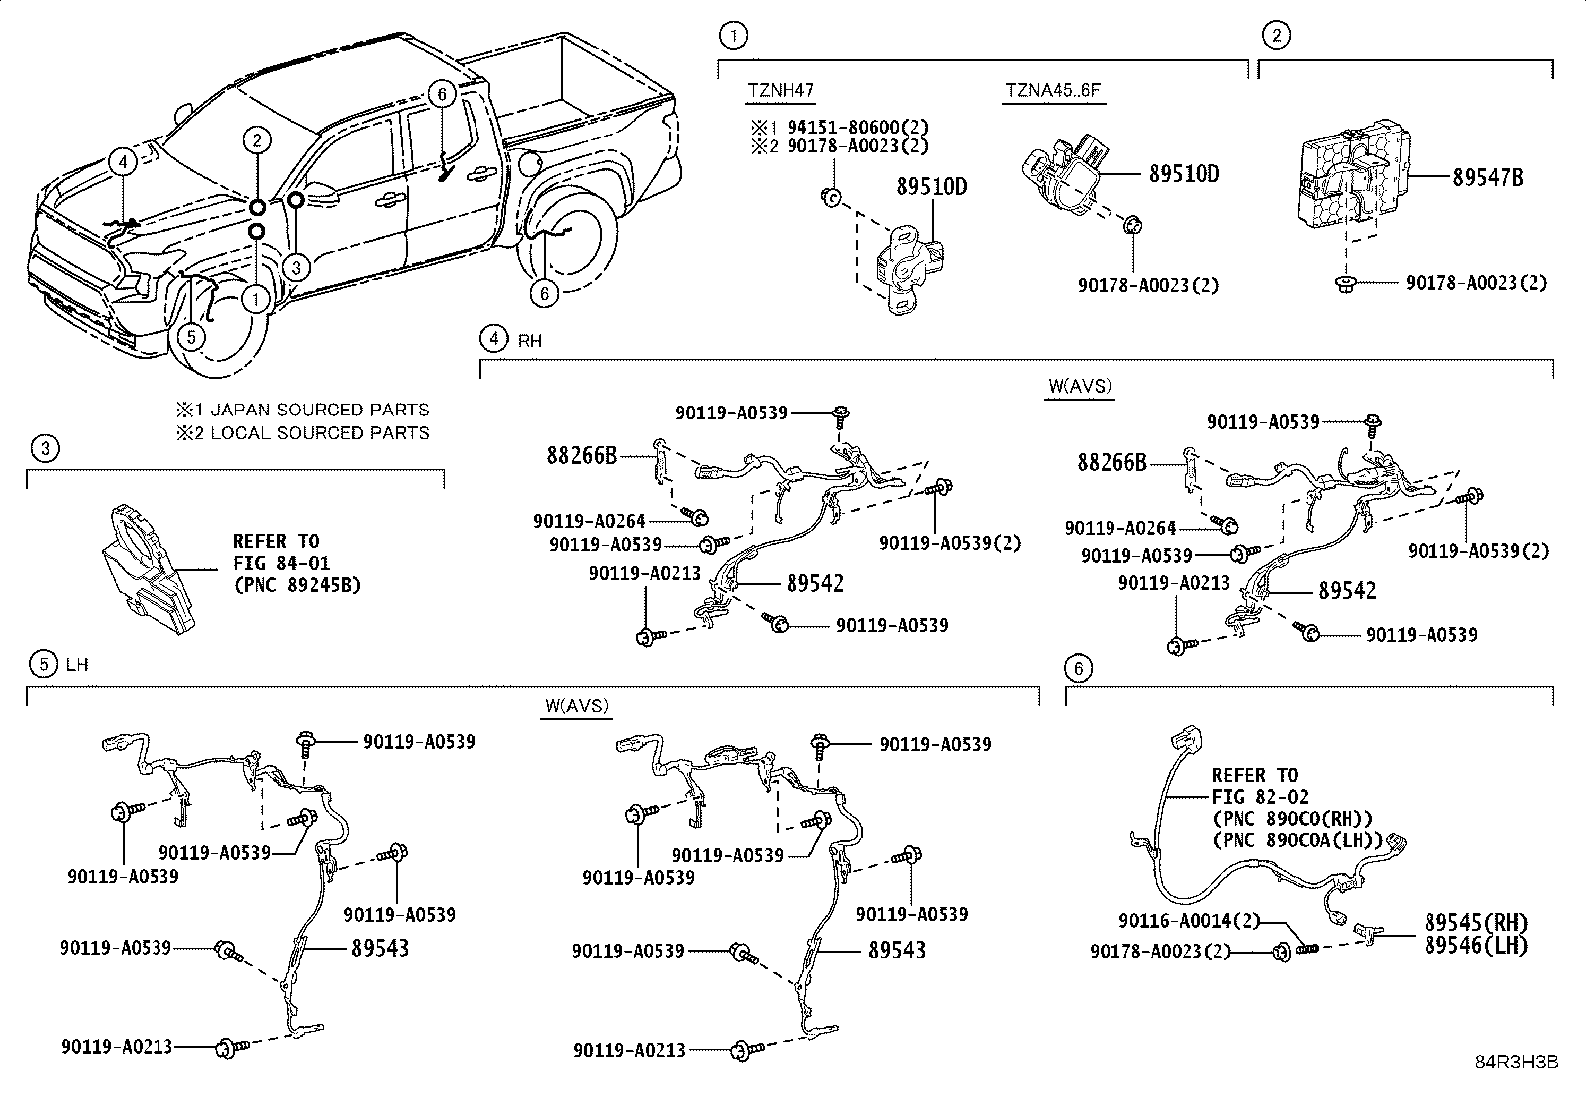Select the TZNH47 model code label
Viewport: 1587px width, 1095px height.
(781, 90)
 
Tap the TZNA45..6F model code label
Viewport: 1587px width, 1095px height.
(1052, 90)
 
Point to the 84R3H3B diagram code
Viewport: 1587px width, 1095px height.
(1516, 1062)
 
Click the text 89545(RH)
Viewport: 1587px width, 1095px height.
(1475, 922)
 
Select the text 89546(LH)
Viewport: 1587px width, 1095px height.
(1475, 944)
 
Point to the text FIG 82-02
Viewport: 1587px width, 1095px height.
(1260, 797)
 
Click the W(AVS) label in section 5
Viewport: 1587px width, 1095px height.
(576, 706)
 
